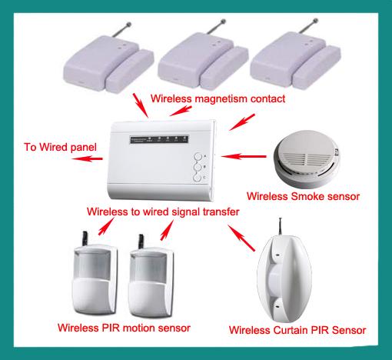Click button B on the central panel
[198, 164]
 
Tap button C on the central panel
[198, 178]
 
